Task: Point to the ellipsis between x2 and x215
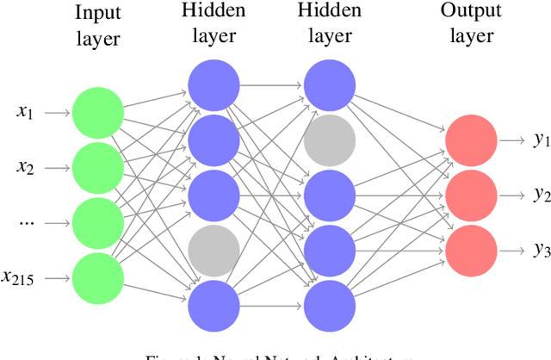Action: [26, 221]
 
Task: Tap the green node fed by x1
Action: [97, 112]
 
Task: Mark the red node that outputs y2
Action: [470, 195]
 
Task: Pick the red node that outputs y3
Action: [470, 250]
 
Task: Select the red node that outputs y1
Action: [470, 140]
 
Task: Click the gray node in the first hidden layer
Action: [213, 250]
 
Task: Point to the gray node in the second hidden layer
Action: [327, 140]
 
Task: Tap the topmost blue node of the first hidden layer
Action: [213, 84]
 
